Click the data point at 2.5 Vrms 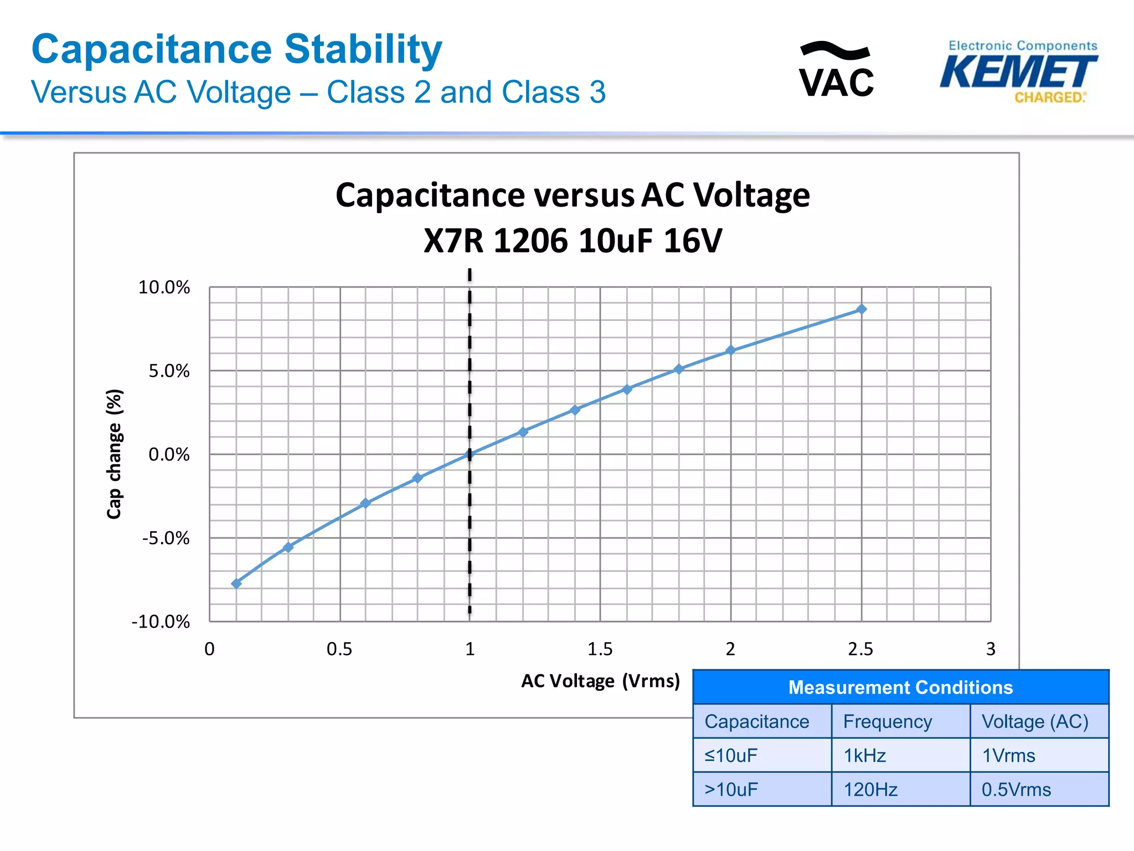click(861, 309)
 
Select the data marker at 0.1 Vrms click(236, 583)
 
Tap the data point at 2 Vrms click(730, 350)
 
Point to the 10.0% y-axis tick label click(164, 287)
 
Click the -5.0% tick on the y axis click(166, 538)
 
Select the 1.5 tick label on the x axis click(600, 649)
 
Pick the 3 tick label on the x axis click(991, 649)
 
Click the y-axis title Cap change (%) click(114, 454)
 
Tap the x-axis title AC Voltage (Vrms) click(600, 680)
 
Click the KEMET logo click(1019, 73)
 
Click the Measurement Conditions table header click(900, 687)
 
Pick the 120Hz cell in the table click(870, 789)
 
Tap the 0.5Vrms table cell click(1016, 789)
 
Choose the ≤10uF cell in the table click(731, 755)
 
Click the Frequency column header click(887, 721)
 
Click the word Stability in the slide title click(363, 49)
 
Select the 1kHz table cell click(864, 755)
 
